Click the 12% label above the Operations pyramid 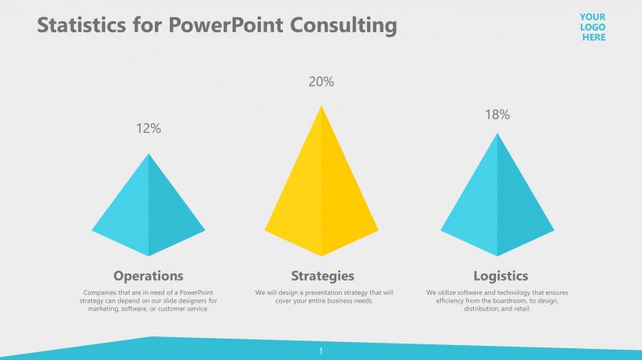point(149,128)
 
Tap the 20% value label point(321,82)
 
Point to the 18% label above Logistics point(497,115)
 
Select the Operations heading point(149,276)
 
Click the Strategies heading point(322,276)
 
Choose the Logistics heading point(501,276)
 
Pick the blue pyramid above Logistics point(497,204)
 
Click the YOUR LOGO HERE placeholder point(592,27)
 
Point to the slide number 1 point(321,351)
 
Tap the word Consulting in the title point(343,26)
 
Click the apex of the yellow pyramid point(321,107)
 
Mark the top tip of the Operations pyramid point(149,155)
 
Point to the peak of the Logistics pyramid point(497,134)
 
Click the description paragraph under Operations point(149,300)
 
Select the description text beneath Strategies point(323,296)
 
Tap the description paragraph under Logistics point(497,300)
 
